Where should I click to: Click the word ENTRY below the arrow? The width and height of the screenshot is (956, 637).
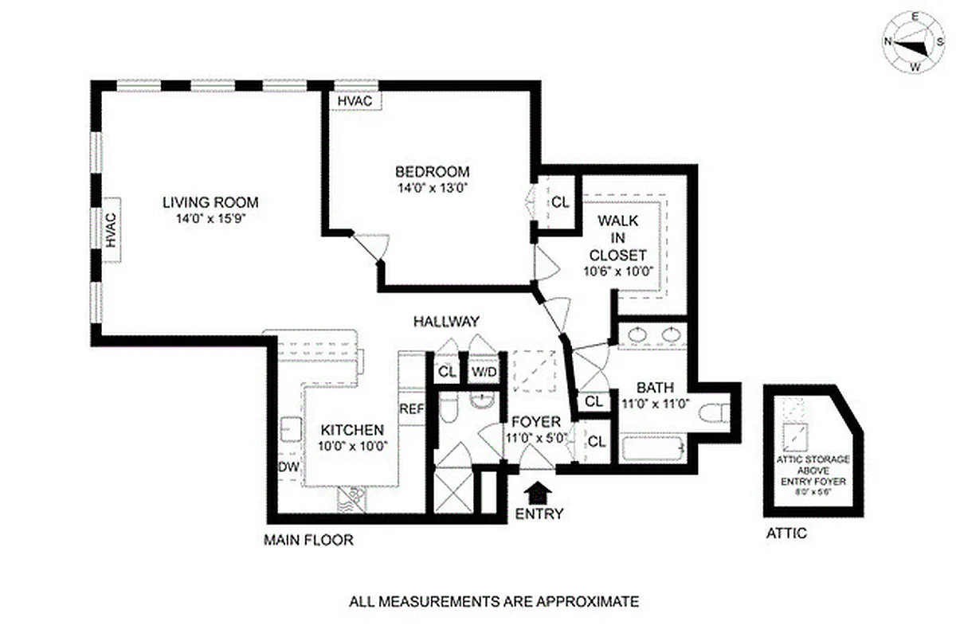539,514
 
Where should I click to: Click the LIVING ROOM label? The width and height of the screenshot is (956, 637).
210,202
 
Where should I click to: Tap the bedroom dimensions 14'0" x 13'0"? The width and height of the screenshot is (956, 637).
433,189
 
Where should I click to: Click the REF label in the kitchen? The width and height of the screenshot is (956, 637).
411,409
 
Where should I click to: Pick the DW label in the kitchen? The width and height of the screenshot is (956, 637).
288,467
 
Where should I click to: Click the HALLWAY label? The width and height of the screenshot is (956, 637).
446,322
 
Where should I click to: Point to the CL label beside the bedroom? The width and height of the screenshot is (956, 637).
560,201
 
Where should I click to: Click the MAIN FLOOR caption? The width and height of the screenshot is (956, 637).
308,541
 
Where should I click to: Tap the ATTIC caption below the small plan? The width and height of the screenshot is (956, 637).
786,533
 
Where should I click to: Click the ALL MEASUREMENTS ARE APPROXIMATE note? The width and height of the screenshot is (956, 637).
494,601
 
